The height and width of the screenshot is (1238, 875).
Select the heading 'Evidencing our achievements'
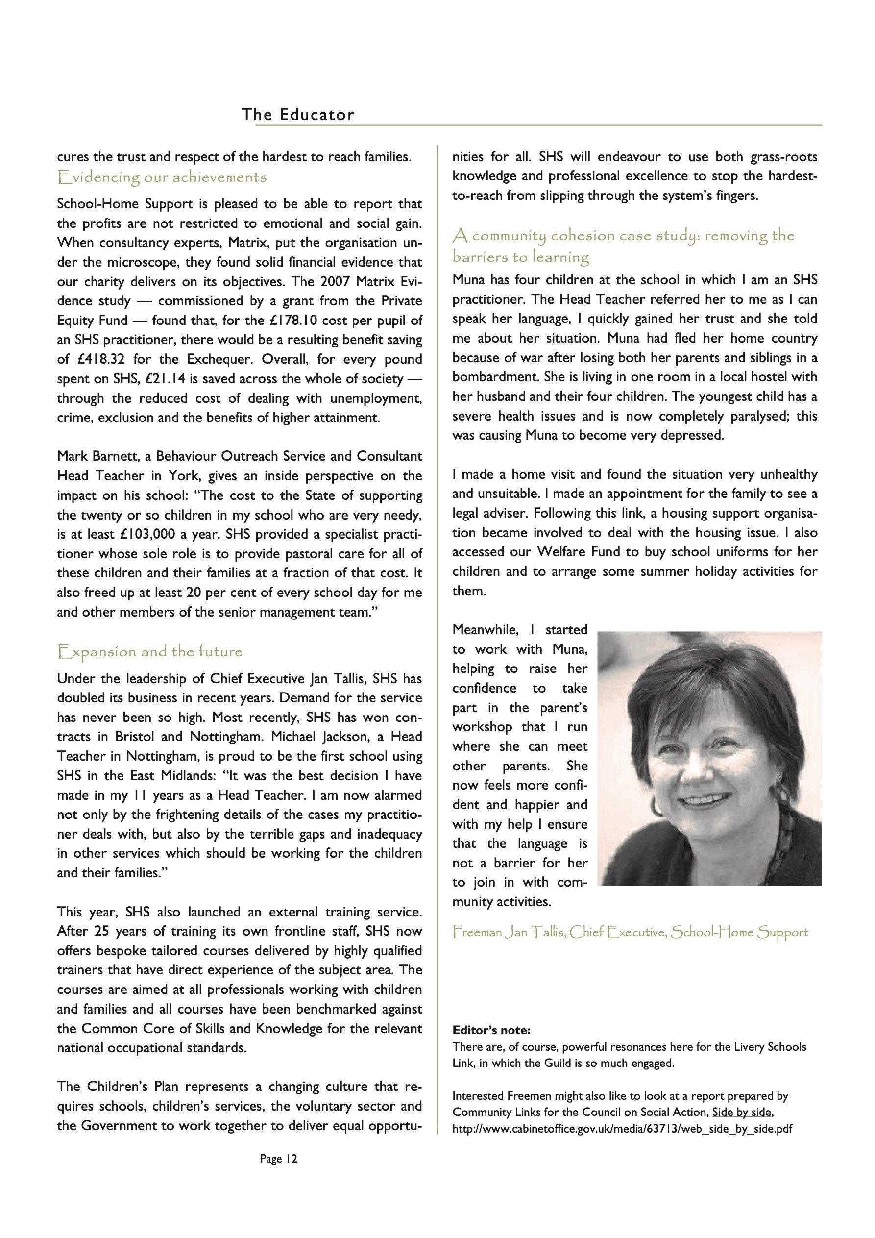(x=162, y=177)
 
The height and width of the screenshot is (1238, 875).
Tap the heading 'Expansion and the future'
(x=150, y=651)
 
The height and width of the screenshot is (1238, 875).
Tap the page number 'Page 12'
(x=278, y=1158)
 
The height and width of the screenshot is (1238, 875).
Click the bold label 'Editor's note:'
(x=491, y=1030)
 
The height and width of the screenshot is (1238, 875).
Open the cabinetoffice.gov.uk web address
(x=622, y=1128)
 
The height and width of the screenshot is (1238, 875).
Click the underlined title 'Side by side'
(x=742, y=1112)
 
